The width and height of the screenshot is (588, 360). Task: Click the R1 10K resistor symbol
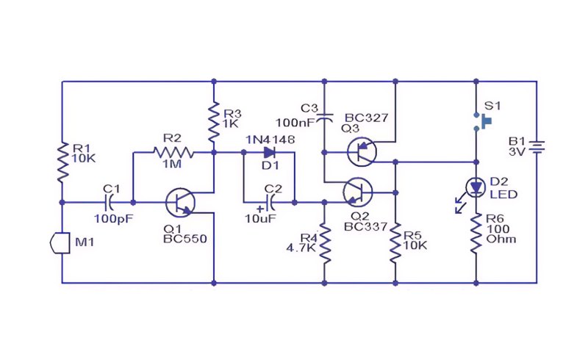[62, 162]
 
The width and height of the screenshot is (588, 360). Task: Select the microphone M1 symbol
[60, 243]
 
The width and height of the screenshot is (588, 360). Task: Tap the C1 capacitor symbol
[109, 203]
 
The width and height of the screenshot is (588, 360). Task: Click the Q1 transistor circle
[180, 203]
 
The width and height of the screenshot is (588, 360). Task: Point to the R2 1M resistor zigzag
[173, 152]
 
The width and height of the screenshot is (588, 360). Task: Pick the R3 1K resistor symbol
[214, 121]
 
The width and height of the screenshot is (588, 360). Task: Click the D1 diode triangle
[270, 152]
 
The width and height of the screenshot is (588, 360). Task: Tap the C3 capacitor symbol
[325, 118]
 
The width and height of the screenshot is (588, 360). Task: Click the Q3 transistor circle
[362, 152]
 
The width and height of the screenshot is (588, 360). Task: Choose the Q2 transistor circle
[358, 192]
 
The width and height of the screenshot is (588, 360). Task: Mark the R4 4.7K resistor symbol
[325, 244]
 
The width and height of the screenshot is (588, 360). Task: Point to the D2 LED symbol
[476, 187]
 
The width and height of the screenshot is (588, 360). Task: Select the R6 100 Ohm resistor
[476, 233]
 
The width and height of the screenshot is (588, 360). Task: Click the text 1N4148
[270, 140]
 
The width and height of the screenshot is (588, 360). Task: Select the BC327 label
[366, 118]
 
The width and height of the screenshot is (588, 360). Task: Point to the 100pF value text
[114, 219]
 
